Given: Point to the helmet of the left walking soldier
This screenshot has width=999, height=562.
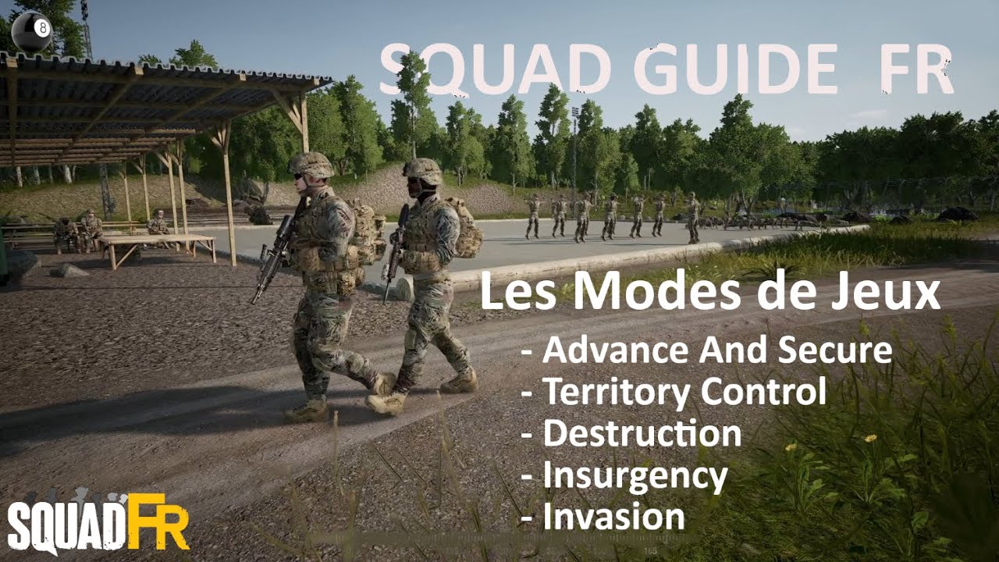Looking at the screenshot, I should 311,164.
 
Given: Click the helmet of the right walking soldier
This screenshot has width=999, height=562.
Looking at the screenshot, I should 423,171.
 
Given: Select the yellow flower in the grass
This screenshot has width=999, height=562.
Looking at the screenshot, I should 869,439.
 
